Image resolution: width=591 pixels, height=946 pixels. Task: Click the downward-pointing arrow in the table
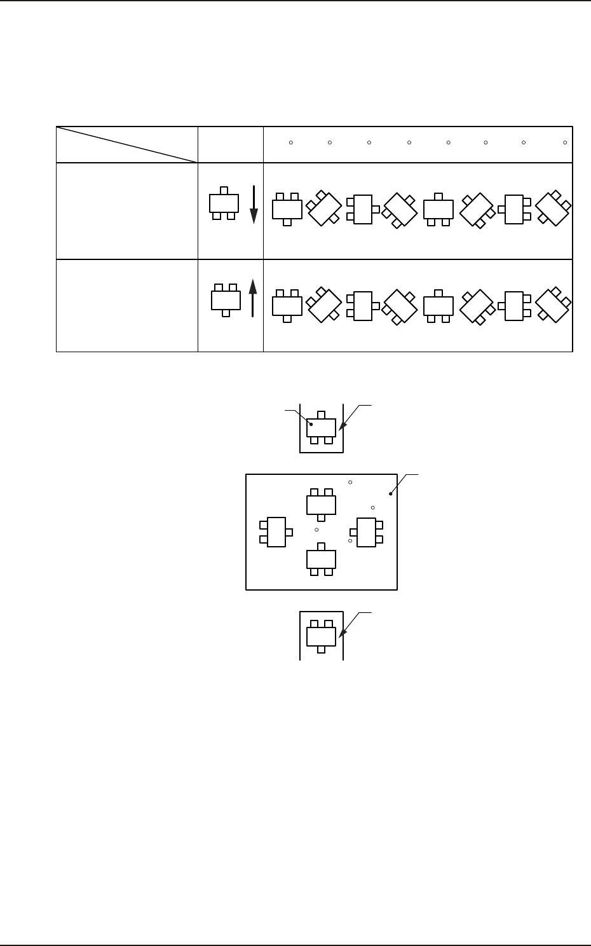[254, 205]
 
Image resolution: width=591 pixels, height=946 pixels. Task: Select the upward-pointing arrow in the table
[252, 297]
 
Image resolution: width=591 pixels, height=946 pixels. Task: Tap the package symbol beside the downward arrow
[224, 203]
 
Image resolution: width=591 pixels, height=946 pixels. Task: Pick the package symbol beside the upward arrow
[226, 299]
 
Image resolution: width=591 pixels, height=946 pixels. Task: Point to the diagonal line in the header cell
[126, 145]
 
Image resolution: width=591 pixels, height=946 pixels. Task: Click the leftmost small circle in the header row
[290, 142]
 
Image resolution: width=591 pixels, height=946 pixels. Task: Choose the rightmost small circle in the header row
[565, 142]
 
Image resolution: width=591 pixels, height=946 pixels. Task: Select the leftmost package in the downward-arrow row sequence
[287, 209]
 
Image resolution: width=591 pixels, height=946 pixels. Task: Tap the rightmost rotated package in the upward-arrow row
[553, 306]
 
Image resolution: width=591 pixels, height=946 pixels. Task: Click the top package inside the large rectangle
[321, 505]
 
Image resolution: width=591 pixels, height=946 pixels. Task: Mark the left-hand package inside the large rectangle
[276, 532]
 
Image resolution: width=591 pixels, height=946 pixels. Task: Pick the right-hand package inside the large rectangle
[366, 532]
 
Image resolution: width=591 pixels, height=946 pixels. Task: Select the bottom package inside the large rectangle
[321, 559]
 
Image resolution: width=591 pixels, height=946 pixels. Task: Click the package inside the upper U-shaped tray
[321, 427]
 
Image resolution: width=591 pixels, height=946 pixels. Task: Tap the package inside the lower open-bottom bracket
[321, 636]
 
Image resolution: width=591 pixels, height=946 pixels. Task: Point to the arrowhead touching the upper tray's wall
[341, 429]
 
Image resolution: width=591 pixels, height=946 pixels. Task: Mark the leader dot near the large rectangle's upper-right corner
[390, 493]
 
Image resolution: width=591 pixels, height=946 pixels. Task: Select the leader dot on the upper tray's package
[311, 423]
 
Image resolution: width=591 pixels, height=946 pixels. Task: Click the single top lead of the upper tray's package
[321, 415]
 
